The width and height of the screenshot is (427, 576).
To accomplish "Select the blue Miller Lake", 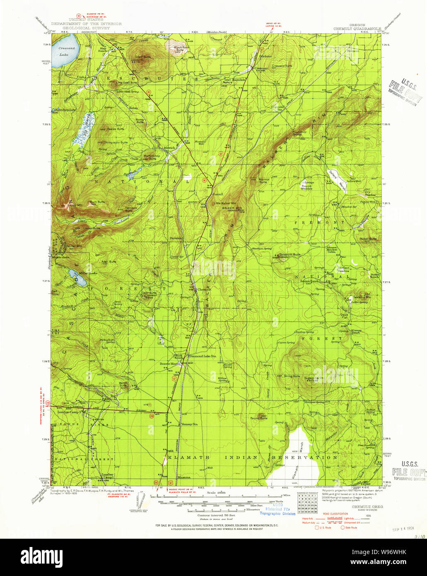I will coord(78,278).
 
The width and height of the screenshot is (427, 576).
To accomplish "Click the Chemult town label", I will coord(204,289).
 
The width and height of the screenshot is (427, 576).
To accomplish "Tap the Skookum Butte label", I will coord(289,254).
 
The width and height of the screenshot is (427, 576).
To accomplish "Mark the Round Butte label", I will coord(259,418).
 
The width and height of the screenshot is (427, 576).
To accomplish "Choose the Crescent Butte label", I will coord(282,66).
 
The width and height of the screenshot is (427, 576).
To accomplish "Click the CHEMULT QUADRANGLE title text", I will coord(357,29).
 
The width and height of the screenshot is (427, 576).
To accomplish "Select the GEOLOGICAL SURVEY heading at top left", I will coord(86,28).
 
